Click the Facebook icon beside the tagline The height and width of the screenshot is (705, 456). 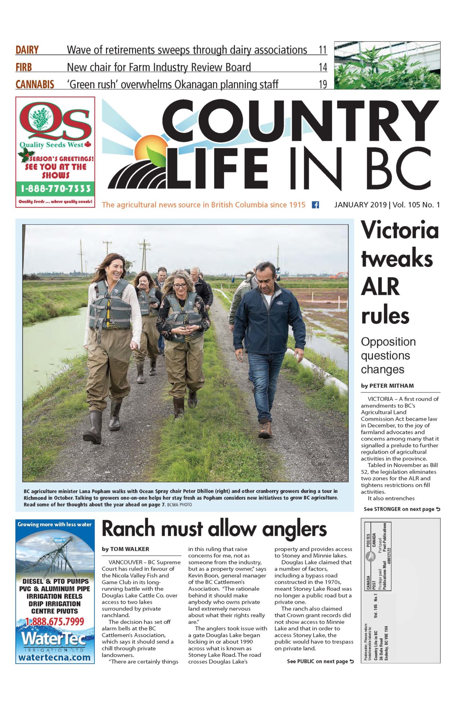(315, 205)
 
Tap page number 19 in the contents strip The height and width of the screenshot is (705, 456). (323, 84)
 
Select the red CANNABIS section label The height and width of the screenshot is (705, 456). (35, 84)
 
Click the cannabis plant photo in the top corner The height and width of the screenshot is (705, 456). (387, 65)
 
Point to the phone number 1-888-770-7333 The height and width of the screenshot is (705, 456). (55, 189)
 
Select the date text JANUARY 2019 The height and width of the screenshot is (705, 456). (360, 205)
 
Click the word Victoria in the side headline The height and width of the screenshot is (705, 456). (400, 231)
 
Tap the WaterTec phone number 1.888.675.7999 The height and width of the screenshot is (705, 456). (55, 622)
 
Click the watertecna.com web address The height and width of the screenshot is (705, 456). (54, 657)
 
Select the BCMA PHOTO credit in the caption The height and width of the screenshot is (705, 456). (180, 505)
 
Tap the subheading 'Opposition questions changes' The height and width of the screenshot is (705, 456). (388, 355)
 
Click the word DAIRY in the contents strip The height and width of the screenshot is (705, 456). (27, 50)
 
